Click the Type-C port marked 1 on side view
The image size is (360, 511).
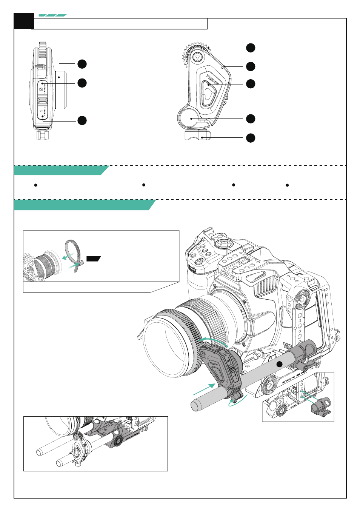tap(43, 111)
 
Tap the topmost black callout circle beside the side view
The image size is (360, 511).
tap(82, 64)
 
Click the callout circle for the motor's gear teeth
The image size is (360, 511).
tap(251, 48)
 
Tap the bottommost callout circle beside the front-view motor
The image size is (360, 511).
tap(251, 138)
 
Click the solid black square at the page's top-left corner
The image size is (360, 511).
tap(23, 21)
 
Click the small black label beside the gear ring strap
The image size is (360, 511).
tap(93, 259)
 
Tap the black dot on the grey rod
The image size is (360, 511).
tap(279, 364)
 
